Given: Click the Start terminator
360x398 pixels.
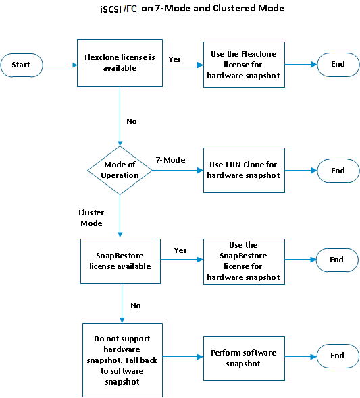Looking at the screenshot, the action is pos(22,65).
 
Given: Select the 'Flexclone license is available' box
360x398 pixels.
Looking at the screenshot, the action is pos(120,63).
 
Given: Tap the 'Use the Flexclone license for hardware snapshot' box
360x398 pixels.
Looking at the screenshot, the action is pos(244,65).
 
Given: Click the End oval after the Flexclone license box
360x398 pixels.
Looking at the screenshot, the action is pos(338,65).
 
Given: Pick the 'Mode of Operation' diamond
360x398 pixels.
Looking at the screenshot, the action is pos(120,170).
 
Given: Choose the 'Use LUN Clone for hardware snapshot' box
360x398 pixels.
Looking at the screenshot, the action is pos(244,170).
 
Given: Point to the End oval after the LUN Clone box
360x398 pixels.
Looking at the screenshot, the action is pos(338,171).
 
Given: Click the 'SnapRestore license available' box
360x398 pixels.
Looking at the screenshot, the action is pos(120,261).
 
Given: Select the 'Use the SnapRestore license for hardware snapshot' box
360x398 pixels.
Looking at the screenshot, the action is pos(244,262).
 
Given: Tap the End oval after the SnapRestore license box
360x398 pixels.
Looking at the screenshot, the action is pos(337,260).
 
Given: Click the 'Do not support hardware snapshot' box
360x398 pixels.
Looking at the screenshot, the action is pos(122,360).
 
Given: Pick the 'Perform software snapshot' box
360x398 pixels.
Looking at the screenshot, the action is pos(244,358).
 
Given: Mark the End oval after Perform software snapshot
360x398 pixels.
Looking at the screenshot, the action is pos(338,356).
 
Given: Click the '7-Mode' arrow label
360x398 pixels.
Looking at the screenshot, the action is pos(170,160).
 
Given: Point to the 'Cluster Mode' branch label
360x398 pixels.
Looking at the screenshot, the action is pos(91,218).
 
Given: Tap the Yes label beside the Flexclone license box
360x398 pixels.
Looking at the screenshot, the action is pos(174,59).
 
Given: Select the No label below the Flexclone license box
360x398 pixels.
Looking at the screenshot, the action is pos(132,121).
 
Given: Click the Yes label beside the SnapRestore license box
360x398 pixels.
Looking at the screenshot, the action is pos(180,250).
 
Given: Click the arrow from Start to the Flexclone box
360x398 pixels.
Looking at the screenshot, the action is pos(60,65).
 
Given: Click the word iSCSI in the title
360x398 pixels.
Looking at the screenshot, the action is pos(111,9).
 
